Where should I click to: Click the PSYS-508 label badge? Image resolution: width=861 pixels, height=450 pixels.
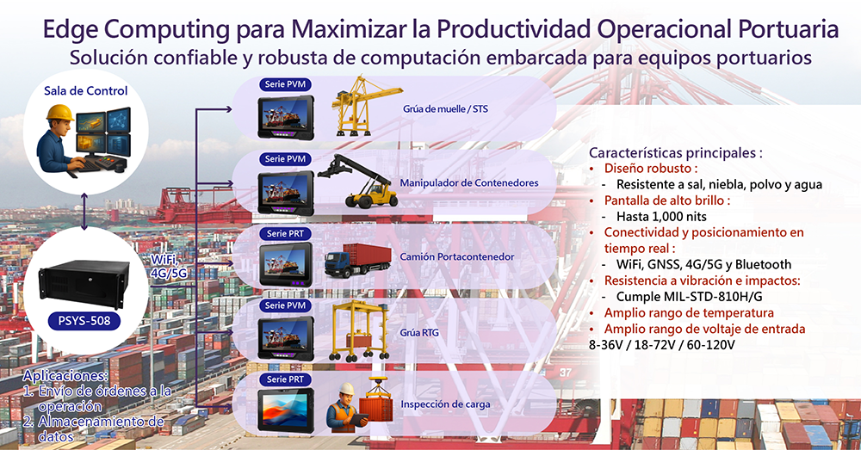[84, 320]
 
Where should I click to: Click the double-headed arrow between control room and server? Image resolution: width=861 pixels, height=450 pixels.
[84, 212]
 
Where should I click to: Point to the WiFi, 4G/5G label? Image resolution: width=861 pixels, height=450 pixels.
[169, 266]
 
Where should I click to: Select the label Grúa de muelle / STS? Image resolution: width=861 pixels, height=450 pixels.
[445, 108]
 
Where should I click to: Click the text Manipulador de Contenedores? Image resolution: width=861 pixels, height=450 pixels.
[469, 182]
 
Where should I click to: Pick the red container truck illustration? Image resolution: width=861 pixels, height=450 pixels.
[358, 260]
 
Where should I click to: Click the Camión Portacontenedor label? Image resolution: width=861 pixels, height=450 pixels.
[457, 256]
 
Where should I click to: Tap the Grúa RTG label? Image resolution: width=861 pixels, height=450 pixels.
[419, 333]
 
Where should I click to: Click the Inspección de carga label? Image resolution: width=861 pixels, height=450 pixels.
[445, 404]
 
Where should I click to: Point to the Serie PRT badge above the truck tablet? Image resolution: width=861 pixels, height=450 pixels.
[285, 234]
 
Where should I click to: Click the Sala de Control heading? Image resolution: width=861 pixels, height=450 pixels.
[85, 91]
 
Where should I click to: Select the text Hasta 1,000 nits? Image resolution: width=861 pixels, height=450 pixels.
[661, 216]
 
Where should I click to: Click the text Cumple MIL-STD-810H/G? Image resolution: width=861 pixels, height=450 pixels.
[689, 297]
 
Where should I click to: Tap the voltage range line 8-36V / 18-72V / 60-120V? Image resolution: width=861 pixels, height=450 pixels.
[661, 345]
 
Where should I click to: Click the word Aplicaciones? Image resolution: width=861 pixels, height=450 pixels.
[65, 376]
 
